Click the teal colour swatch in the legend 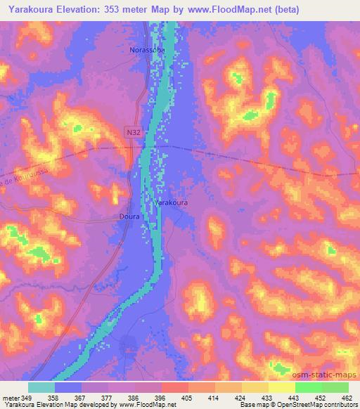point(41,387)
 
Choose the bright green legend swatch point(308,387)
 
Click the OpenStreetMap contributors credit point(312,405)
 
